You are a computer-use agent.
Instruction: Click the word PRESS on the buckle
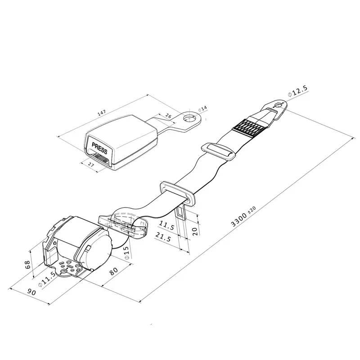[x=99, y=148]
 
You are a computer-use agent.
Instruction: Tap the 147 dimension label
[x=102, y=112]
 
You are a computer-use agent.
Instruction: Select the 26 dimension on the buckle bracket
[x=168, y=117]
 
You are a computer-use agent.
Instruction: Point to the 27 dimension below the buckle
[x=91, y=165]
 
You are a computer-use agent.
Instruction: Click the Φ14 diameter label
[x=202, y=108]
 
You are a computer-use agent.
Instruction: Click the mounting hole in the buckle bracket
[x=189, y=118]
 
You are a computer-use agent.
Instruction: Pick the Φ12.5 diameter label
[x=297, y=91]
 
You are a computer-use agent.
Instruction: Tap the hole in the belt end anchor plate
[x=279, y=105]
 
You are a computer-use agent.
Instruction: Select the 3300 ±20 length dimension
[x=243, y=216]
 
